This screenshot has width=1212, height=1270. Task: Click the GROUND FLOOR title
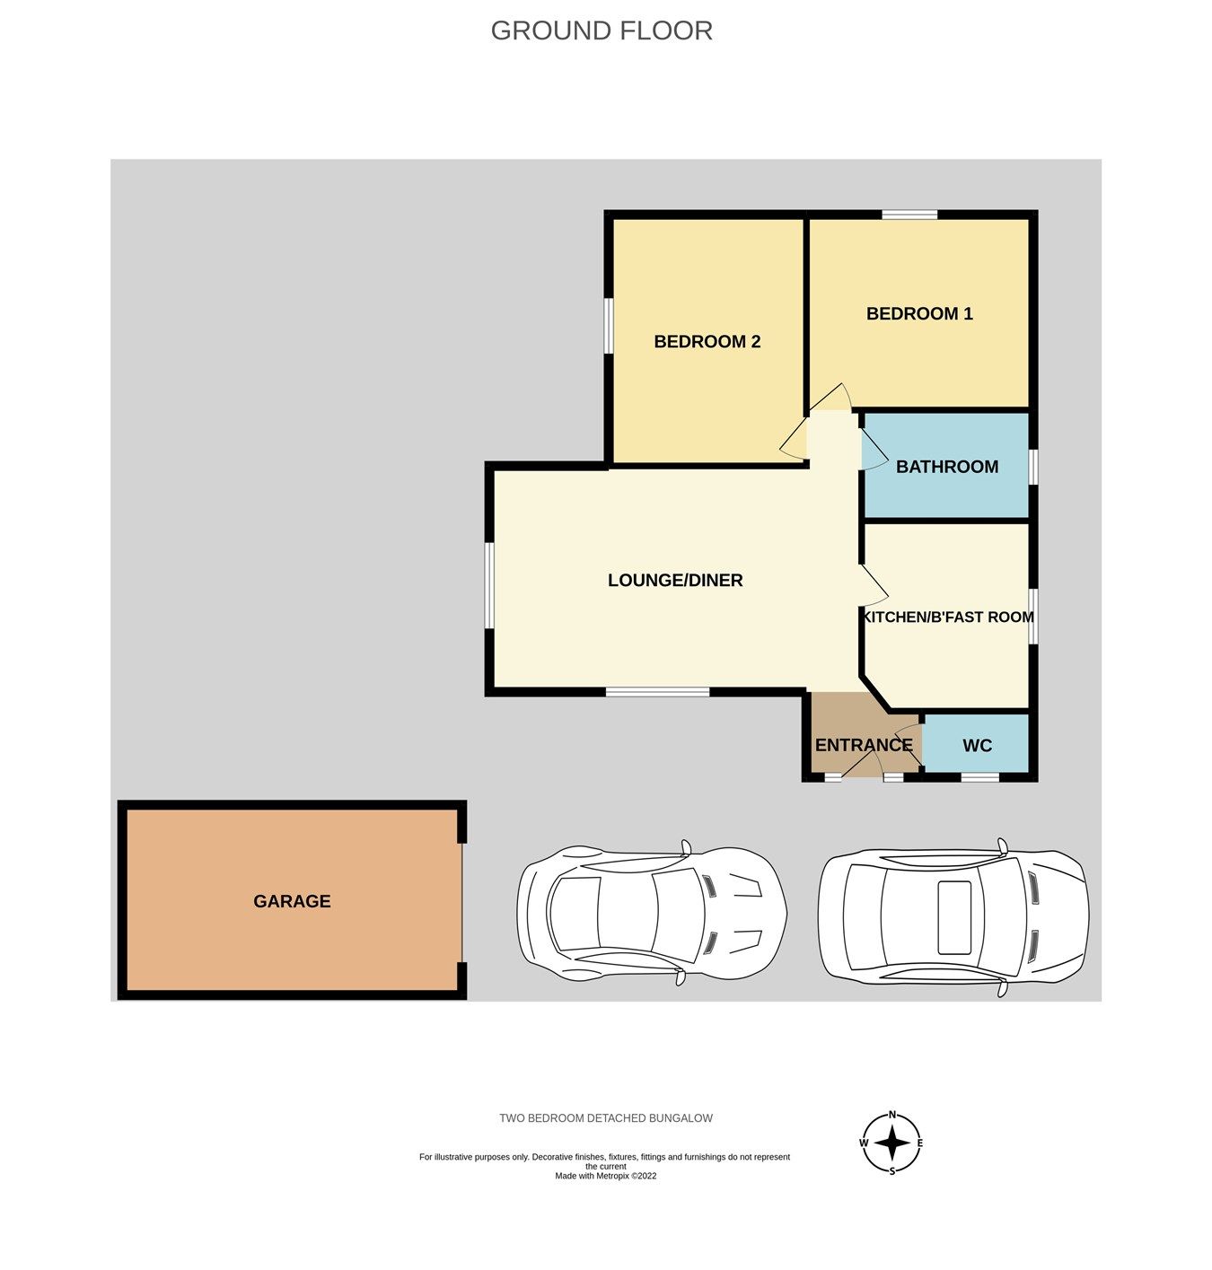tap(602, 31)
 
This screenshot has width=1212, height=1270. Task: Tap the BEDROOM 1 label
tap(919, 313)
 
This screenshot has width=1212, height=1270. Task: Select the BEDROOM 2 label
tap(707, 341)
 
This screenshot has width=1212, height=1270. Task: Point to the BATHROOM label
tap(947, 467)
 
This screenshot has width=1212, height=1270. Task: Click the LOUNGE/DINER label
tap(675, 580)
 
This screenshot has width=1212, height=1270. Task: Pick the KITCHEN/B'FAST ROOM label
tap(948, 617)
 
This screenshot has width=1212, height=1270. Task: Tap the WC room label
tap(977, 746)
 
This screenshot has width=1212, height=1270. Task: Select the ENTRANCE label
tap(863, 745)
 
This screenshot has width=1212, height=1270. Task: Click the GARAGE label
tap(292, 901)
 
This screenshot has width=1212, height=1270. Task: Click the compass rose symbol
tap(891, 1143)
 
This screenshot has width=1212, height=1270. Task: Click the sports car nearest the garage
tap(652, 914)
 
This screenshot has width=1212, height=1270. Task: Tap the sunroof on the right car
tap(954, 917)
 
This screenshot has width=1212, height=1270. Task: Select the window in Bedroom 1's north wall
tap(909, 215)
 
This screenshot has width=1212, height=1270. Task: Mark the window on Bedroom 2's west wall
tap(609, 326)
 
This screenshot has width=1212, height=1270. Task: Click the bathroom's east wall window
tap(1033, 467)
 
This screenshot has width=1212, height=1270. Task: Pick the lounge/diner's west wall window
tap(489, 585)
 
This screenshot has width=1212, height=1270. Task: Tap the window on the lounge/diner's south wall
tap(657, 692)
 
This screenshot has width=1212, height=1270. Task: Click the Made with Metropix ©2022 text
tap(605, 1176)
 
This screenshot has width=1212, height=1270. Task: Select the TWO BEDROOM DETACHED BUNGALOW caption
tap(606, 1118)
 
